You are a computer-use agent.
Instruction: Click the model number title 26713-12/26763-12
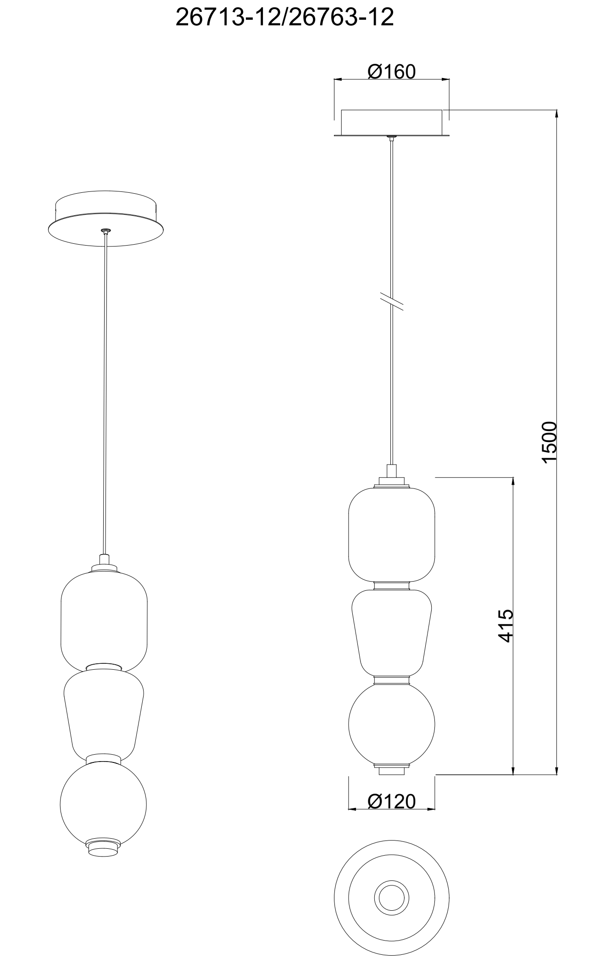284,18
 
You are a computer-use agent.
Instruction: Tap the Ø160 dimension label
391,72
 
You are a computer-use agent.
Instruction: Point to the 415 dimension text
505,626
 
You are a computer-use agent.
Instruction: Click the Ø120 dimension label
391,801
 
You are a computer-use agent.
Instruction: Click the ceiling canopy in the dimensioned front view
391,123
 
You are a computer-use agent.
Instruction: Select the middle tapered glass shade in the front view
392,633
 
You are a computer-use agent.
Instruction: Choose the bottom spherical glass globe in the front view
392,726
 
